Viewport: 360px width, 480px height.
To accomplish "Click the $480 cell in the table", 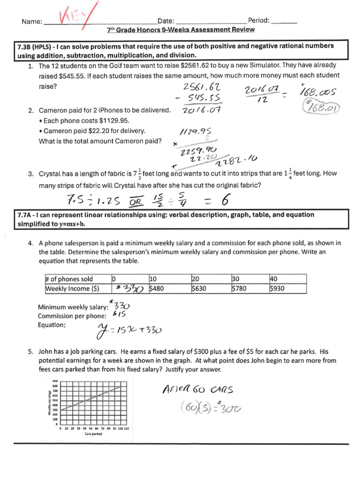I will [x=157, y=289].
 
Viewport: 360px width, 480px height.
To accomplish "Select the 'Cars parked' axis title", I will [x=94, y=434].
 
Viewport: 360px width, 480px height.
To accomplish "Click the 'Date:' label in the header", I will [x=166, y=21].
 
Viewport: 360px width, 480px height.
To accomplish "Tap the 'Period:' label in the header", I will [x=258, y=21].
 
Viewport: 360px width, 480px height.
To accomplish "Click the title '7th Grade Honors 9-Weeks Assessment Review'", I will [x=180, y=30].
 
